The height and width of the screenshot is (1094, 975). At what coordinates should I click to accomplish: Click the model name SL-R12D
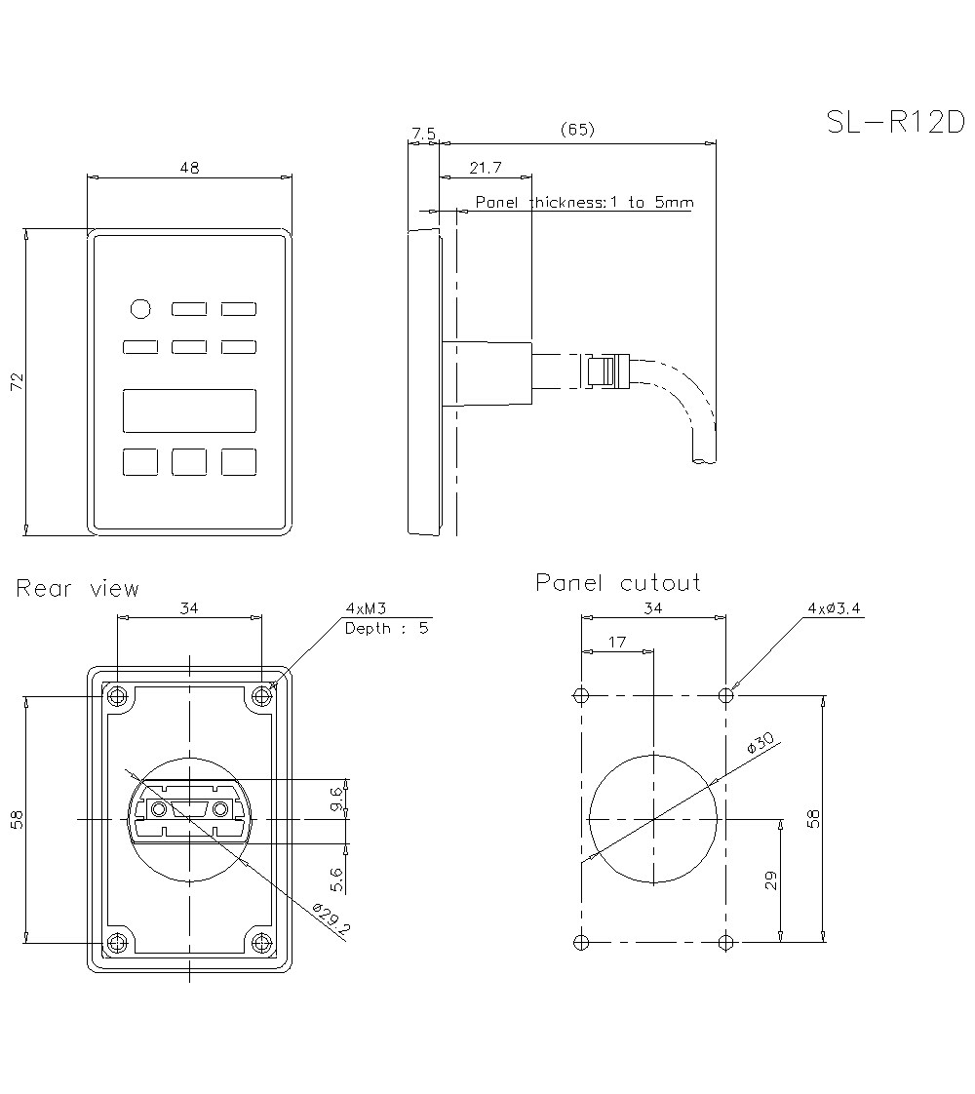pyautogui.click(x=894, y=122)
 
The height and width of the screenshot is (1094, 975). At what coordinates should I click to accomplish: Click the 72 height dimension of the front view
pyautogui.click(x=17, y=381)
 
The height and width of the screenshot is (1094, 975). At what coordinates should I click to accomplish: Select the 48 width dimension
pyautogui.click(x=189, y=168)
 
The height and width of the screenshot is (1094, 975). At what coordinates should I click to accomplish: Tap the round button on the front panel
pyautogui.click(x=140, y=309)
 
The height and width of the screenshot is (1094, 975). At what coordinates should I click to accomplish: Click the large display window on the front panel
pyautogui.click(x=189, y=410)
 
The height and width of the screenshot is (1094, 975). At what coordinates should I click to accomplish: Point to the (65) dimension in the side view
pyautogui.click(x=577, y=130)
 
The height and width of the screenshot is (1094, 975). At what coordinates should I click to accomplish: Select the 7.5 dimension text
pyautogui.click(x=423, y=132)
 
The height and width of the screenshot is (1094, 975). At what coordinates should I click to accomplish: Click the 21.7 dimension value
pyautogui.click(x=485, y=168)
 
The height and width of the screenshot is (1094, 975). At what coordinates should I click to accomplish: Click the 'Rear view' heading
pyautogui.click(x=78, y=589)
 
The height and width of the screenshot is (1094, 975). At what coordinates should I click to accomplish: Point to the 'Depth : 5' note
pyautogui.click(x=386, y=628)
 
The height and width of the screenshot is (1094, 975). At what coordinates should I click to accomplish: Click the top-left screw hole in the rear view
pyautogui.click(x=118, y=696)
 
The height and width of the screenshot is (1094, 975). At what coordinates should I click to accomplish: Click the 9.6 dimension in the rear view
pyautogui.click(x=336, y=800)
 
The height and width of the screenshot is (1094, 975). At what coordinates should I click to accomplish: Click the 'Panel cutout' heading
pyautogui.click(x=618, y=583)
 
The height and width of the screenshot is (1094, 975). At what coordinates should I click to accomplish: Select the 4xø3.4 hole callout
pyautogui.click(x=834, y=608)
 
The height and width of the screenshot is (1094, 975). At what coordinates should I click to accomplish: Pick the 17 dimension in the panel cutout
pyautogui.click(x=616, y=643)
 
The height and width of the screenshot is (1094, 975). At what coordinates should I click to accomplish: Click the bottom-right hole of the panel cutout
pyautogui.click(x=725, y=942)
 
